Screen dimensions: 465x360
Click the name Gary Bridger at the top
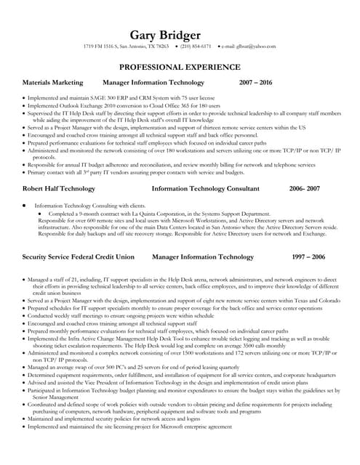180,36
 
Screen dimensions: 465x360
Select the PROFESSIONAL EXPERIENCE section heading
180,67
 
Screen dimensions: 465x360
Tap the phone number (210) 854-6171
196,47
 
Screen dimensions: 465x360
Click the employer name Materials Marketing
53,83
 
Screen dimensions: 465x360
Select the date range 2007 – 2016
255,83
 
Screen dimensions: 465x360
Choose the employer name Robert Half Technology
59,188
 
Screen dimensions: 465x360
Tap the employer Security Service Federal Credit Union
79,257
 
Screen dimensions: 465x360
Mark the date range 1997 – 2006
308,257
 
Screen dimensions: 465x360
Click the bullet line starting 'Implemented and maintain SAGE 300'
116,97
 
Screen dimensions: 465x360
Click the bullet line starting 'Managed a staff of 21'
182,278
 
